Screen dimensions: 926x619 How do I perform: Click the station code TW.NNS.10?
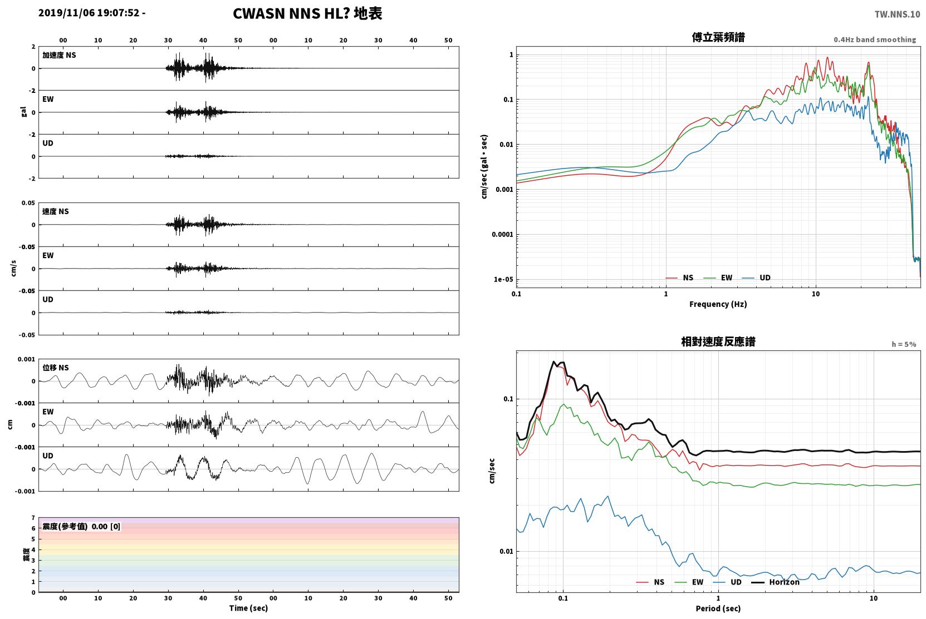(897, 14)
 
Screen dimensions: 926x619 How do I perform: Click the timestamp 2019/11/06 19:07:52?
(89, 13)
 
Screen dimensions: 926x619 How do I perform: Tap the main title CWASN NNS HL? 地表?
(307, 14)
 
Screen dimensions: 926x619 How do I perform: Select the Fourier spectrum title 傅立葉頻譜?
(718, 38)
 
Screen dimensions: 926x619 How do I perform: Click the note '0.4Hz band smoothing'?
(875, 39)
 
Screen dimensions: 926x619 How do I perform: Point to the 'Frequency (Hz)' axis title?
(718, 304)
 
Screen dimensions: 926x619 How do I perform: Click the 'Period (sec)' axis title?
(718, 608)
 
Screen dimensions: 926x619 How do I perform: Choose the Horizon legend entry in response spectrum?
(775, 582)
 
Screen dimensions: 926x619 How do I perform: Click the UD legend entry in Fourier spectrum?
(757, 278)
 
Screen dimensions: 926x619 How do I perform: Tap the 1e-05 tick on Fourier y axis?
(503, 280)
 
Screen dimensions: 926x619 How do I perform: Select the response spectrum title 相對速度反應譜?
(718, 342)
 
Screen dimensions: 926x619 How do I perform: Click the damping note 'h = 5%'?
(904, 344)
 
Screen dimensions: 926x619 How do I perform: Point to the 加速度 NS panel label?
(59, 55)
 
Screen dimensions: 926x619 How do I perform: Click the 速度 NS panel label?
(55, 211)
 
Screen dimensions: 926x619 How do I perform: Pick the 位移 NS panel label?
(55, 368)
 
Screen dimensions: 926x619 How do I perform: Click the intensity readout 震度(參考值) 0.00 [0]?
(81, 527)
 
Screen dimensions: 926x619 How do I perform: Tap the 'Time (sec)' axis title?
(248, 608)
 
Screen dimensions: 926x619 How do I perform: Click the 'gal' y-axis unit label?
(23, 112)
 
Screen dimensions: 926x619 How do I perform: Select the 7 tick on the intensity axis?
(33, 518)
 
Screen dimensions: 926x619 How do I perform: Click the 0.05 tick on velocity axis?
(28, 203)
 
